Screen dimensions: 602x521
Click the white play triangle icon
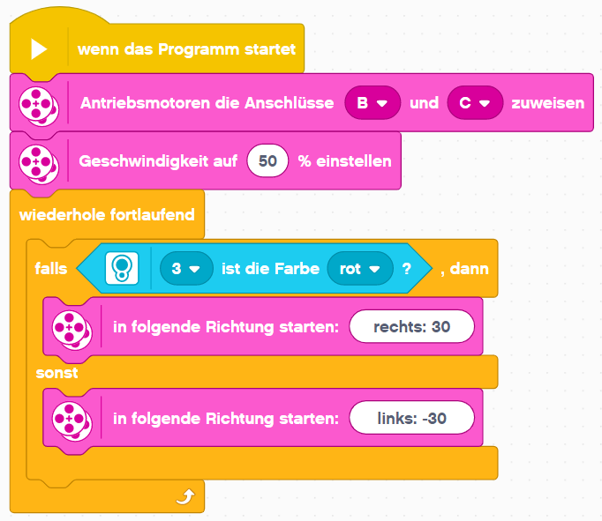point(39,49)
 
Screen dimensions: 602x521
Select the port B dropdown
point(372,103)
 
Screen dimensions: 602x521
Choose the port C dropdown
point(475,103)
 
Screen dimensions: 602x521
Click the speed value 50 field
point(267,161)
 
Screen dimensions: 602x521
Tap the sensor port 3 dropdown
point(186,268)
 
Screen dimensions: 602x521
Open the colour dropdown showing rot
point(360,268)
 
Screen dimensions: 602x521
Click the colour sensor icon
point(122,268)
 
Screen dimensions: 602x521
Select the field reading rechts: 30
point(411,327)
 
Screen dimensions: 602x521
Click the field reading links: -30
point(411,418)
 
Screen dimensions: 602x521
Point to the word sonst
point(56,373)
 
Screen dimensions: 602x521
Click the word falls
point(51,268)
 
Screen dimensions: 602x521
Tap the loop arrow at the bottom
point(185,496)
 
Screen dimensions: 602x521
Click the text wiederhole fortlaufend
point(107,215)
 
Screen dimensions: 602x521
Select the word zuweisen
point(548,103)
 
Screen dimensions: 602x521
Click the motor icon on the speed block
point(39,164)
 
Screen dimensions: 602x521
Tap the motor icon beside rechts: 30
point(71,330)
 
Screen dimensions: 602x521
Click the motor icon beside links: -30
point(71,421)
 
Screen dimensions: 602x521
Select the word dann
point(470,269)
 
